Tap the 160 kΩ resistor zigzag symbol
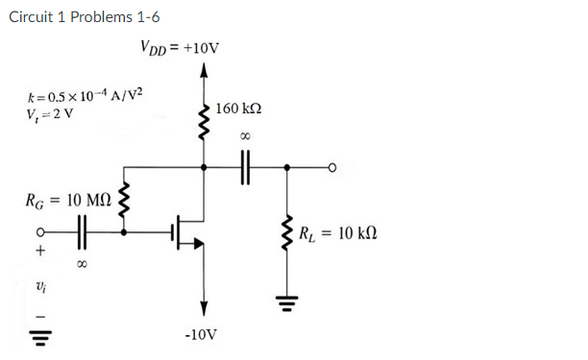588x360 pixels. (x=203, y=118)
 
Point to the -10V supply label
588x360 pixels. (x=203, y=336)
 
